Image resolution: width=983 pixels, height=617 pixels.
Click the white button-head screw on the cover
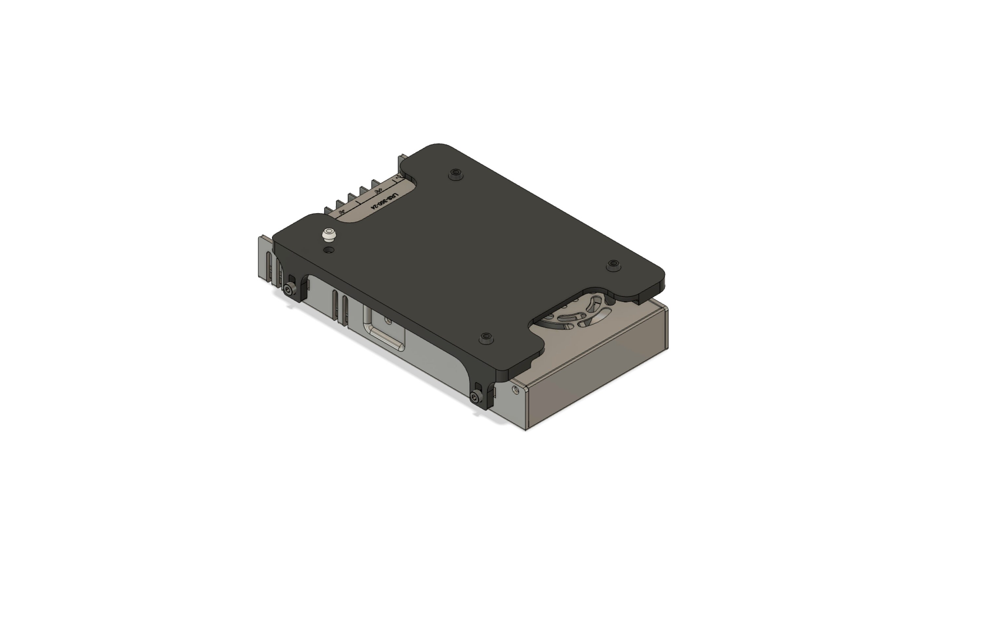329,234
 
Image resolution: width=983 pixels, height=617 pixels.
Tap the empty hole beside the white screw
329,250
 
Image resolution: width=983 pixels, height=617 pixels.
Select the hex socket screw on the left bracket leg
290,289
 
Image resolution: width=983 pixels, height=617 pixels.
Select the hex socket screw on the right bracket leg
475,396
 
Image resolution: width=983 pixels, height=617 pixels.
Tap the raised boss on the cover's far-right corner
613,265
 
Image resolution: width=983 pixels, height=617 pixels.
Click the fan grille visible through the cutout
579,314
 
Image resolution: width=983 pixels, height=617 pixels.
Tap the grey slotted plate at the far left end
265,259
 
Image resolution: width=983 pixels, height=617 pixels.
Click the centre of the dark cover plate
469,261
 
